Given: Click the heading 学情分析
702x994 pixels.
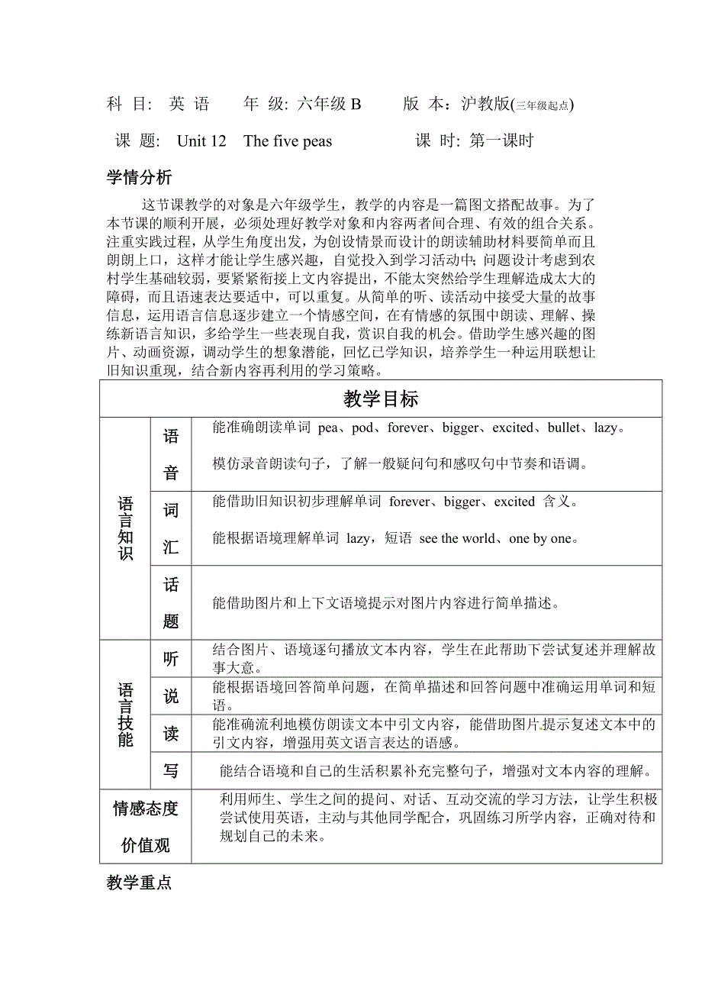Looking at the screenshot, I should (139, 178).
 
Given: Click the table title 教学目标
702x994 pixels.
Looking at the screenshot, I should (381, 399).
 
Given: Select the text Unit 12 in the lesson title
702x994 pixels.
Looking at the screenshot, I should (201, 141).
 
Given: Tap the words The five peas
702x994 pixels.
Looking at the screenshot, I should (288, 141).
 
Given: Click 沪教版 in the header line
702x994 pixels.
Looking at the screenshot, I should (485, 105).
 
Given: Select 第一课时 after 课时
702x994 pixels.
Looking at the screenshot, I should (501, 141).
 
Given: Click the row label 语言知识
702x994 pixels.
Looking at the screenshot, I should (126, 528).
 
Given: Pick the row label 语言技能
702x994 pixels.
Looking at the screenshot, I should (126, 715).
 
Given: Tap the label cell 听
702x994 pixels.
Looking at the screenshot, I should (171, 659).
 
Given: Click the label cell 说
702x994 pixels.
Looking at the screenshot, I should (171, 696).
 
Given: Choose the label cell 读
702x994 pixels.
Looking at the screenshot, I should (171, 734).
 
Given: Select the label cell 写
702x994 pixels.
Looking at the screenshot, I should (171, 771).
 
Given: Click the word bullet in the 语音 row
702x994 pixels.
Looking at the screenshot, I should (565, 428).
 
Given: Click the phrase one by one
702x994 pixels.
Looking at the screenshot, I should (539, 539).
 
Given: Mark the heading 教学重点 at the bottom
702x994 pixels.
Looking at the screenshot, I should (139, 883).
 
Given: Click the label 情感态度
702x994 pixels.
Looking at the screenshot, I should (146, 808).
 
